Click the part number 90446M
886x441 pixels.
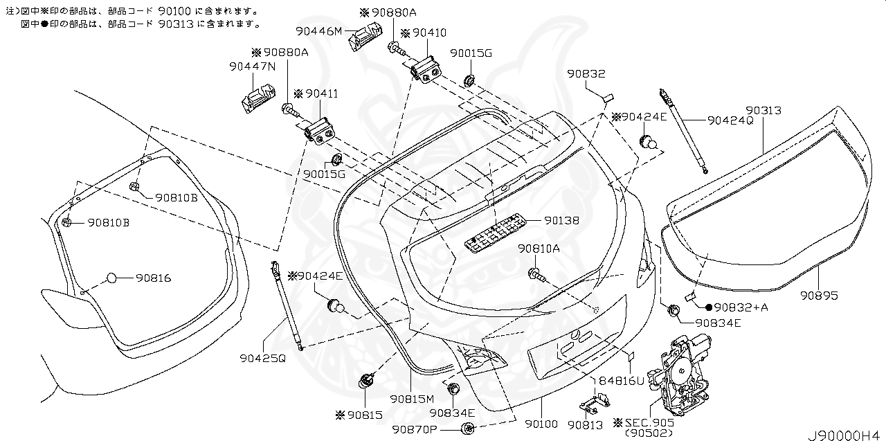319,31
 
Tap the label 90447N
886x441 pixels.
253,66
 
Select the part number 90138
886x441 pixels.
561,220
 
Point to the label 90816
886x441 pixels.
154,278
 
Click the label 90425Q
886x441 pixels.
262,359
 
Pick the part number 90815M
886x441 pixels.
412,399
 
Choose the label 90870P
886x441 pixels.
415,429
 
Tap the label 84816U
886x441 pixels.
622,381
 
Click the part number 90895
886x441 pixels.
819,296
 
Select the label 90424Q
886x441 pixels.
730,120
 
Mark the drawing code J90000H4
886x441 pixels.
845,435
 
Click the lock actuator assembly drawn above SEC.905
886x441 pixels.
678,376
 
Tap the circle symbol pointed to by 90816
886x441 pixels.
112,278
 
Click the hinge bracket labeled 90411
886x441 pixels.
320,132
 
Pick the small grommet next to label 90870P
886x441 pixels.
469,429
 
